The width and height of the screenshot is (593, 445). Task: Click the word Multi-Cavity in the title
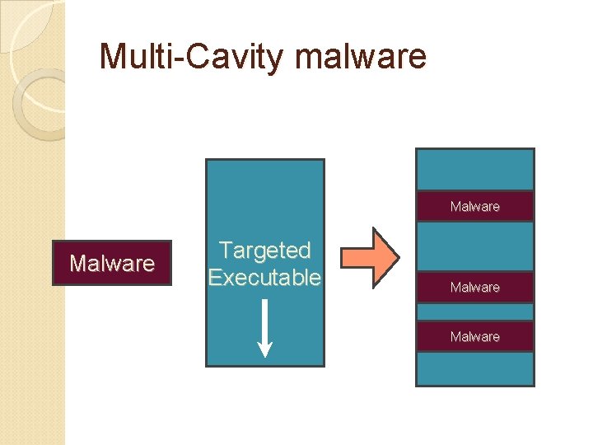(191, 57)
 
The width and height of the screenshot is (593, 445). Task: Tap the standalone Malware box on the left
(111, 263)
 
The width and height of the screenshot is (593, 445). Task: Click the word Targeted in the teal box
(264, 250)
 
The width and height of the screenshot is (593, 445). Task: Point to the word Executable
(264, 278)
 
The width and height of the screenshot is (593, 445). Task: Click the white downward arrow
(264, 329)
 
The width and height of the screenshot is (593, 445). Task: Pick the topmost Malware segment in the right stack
(475, 206)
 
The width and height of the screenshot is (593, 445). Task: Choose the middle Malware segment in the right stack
(475, 287)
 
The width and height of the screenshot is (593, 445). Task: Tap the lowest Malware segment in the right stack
(475, 336)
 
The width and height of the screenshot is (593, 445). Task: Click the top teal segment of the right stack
(475, 171)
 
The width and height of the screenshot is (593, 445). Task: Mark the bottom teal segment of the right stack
(475, 368)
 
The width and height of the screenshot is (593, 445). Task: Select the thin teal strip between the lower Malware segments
(475, 311)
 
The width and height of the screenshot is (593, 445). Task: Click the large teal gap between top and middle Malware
(475, 246)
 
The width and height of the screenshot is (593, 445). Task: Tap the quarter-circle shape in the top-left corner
(20, 21)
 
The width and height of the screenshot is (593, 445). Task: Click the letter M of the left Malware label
(77, 264)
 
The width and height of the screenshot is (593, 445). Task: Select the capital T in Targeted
(223, 250)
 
